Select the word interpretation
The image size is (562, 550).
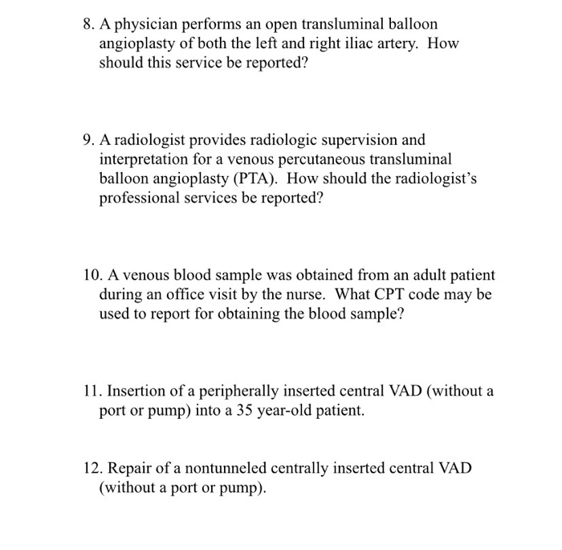point(145,158)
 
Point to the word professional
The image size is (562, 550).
point(136,197)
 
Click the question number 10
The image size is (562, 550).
point(92,275)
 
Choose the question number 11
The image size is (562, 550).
point(92,392)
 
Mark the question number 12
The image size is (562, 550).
point(92,470)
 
